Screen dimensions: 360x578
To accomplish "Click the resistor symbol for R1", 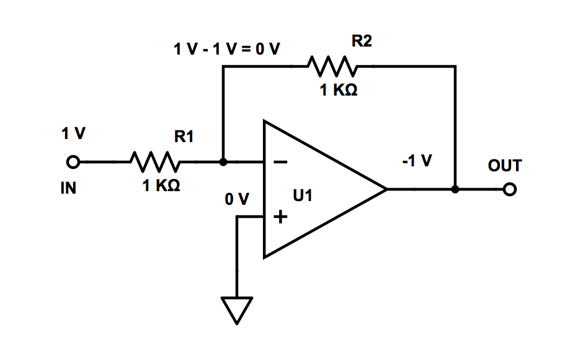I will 155,162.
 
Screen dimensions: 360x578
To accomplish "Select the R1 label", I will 184,137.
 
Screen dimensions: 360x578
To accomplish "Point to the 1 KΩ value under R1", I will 162,186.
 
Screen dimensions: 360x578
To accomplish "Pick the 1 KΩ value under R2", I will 339,90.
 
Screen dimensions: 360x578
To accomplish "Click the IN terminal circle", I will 73,162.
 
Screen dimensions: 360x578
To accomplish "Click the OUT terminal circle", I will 510,189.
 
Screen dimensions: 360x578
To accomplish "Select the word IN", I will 68,188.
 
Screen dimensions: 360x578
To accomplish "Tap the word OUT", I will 505,166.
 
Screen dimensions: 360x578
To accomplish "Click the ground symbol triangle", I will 237,309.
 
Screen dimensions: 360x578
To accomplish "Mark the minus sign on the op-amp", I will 280,162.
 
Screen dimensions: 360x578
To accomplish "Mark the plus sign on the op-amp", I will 281,217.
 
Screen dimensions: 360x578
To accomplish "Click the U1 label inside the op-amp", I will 303,196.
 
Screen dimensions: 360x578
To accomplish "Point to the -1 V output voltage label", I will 417,161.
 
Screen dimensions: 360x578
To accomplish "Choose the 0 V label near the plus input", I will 237,200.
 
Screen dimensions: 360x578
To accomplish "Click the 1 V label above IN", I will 73,133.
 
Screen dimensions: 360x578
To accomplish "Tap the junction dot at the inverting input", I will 223,162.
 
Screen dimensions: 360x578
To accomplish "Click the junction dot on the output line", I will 455,189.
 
